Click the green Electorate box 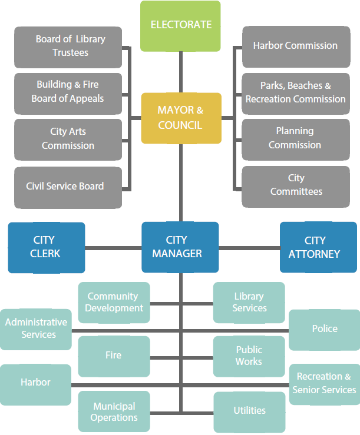click(x=180, y=25)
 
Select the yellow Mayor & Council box click(x=181, y=118)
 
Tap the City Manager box click(x=180, y=247)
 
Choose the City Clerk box click(x=46, y=247)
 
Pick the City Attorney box click(x=318, y=247)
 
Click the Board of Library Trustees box click(x=68, y=46)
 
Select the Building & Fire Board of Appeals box click(x=68, y=92)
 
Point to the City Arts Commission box click(x=68, y=139)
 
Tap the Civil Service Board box click(x=68, y=187)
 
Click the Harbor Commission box click(x=295, y=46)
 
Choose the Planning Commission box click(x=295, y=138)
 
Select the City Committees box click(x=295, y=185)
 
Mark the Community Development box click(x=114, y=303)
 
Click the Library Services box click(x=249, y=303)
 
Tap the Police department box click(x=324, y=329)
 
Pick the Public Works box click(x=249, y=356)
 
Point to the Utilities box click(x=249, y=411)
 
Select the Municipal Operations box click(x=114, y=412)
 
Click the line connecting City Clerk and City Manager click(x=113, y=248)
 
